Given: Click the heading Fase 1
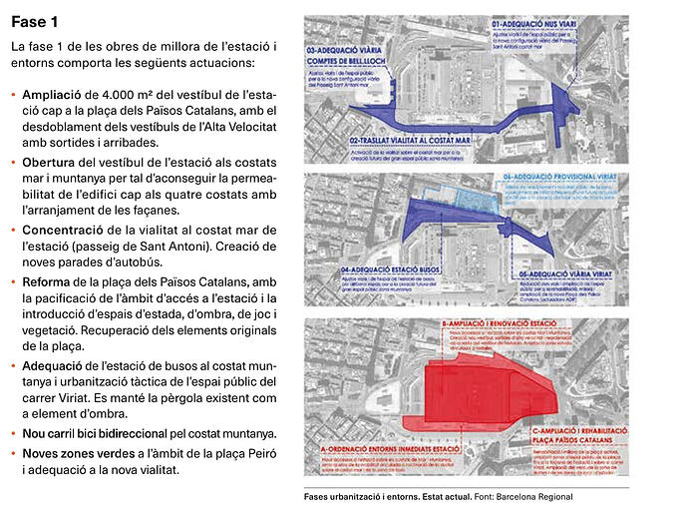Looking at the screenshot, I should click(34, 21).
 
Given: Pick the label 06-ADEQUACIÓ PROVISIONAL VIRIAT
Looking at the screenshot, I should click(559, 178).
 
